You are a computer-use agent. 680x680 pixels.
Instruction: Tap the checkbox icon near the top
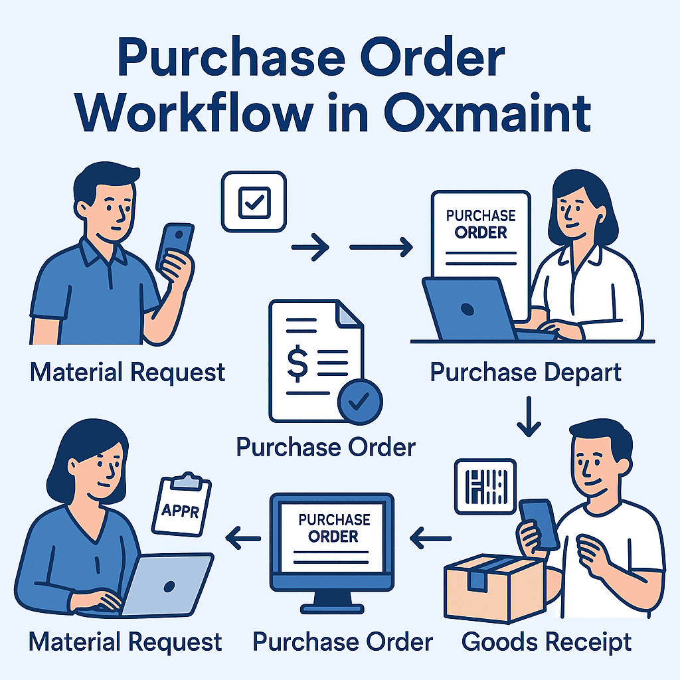tap(253, 202)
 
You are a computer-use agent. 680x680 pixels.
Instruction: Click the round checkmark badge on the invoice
tap(360, 401)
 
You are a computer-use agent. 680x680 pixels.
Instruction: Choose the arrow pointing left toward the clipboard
tap(242, 536)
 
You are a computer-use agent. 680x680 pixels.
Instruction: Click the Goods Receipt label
tap(546, 642)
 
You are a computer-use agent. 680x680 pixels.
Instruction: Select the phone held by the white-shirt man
tap(539, 525)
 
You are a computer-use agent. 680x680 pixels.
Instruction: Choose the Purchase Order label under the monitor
tap(343, 642)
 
